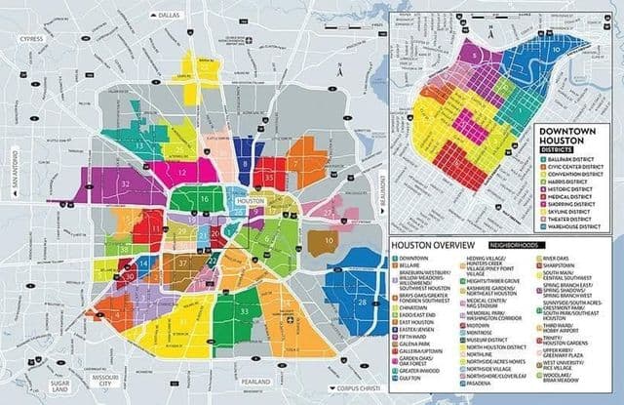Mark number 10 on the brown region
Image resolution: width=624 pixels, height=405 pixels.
[x=330, y=239]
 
